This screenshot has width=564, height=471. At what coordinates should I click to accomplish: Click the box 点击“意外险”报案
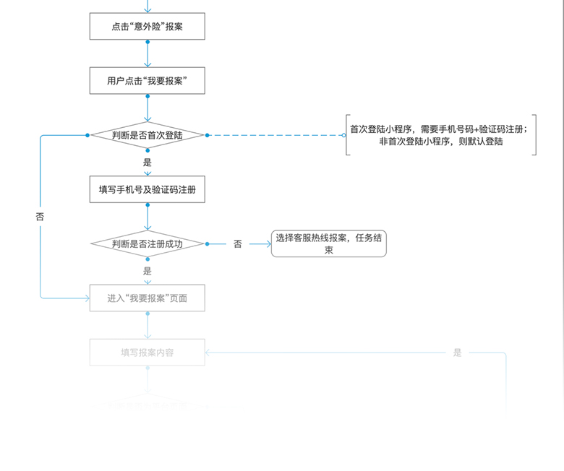coord(148,27)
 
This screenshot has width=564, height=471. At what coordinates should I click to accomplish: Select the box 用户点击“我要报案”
coord(148,81)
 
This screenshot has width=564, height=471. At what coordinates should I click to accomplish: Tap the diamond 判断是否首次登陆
coord(148,135)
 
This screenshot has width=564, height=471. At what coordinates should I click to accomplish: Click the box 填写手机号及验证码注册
coord(148,190)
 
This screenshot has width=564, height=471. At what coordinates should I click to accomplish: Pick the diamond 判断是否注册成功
coord(148,244)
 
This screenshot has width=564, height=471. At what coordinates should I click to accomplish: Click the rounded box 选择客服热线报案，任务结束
coord(329,244)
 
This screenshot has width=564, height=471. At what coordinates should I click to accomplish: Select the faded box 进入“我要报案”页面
coord(148,298)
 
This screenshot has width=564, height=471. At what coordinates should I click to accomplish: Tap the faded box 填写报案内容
coord(148,353)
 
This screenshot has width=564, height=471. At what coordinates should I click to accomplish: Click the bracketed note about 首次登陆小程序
coord(441,135)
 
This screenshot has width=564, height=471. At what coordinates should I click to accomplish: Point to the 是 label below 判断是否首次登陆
coord(148,163)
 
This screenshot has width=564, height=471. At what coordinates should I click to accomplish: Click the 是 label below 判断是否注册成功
coord(148,271)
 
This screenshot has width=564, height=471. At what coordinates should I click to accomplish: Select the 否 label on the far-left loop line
coord(40,216)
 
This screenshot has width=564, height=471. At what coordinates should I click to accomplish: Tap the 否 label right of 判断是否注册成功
coord(238,244)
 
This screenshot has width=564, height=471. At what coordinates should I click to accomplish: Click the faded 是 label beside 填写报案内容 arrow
coord(457,353)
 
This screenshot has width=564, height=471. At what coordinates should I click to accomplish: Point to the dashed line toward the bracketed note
coord(275,135)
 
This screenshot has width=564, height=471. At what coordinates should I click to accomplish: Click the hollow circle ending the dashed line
coord(343,135)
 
